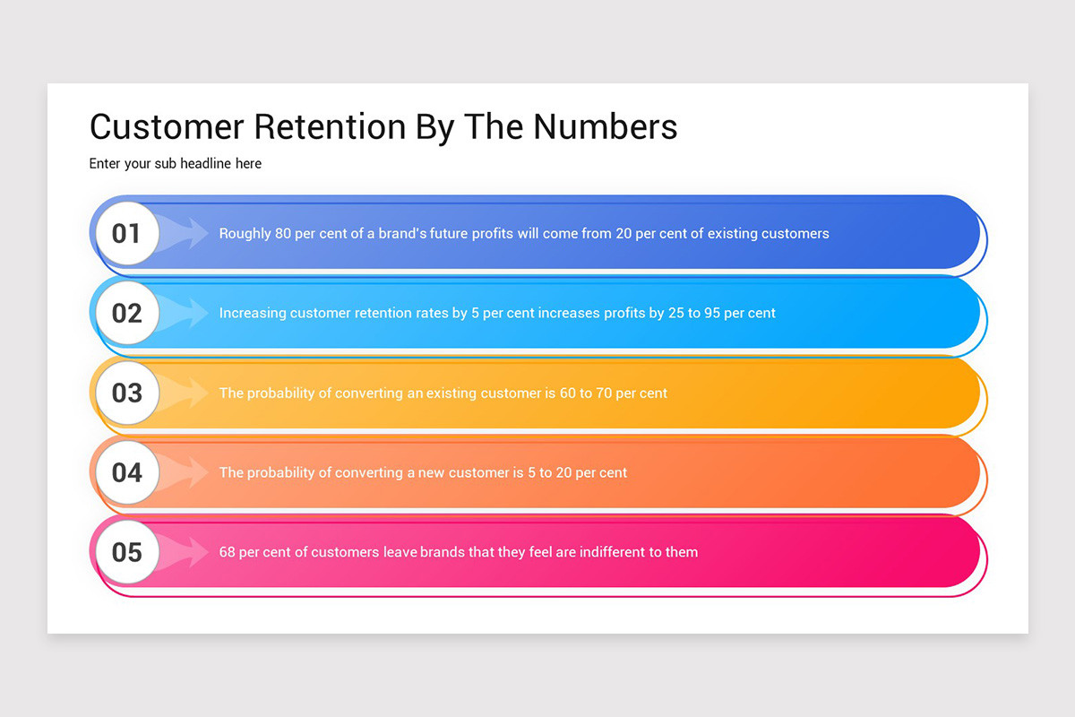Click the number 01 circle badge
tap(126, 234)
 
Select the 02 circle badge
tap(126, 313)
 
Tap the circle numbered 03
tap(126, 393)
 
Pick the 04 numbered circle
tap(126, 472)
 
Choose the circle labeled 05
tap(126, 552)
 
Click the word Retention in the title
tap(330, 127)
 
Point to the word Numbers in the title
tap(606, 127)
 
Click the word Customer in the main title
tap(168, 127)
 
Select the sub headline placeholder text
tap(176, 164)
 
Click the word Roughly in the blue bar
tap(245, 234)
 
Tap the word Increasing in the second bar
tap(253, 313)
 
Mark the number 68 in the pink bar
tap(228, 552)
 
